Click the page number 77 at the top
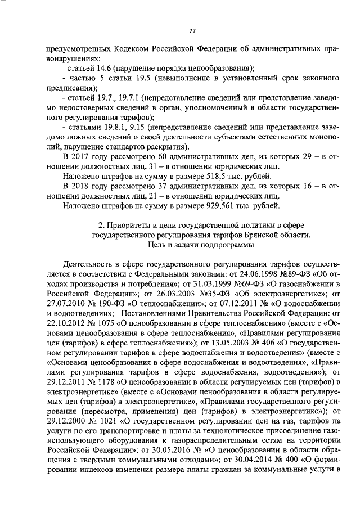(191, 31)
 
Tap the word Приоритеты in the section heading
(133, 226)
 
